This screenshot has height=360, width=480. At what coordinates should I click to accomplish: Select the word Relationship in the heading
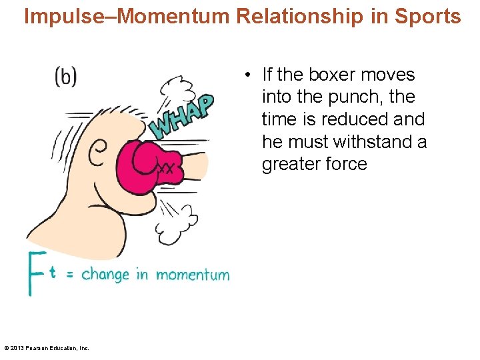click(284, 16)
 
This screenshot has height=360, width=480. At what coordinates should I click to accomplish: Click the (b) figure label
click(65, 77)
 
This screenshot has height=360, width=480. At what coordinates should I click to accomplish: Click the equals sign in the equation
click(69, 275)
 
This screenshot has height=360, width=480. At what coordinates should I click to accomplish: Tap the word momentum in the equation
click(193, 275)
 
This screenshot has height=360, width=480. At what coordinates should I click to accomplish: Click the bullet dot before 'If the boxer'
click(247, 75)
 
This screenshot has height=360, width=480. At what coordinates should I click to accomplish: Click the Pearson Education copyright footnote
click(47, 347)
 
